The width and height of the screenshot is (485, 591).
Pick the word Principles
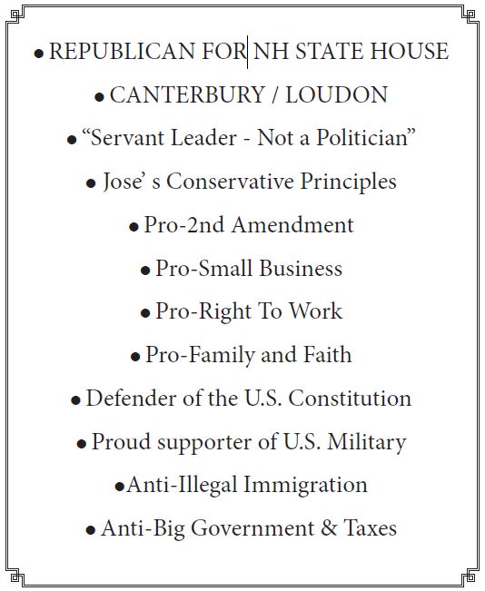point(344,182)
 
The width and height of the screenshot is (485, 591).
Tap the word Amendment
point(292,225)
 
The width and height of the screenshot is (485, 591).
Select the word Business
point(301,269)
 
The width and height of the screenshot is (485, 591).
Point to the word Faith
point(326,355)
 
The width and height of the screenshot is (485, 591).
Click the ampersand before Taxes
point(327,528)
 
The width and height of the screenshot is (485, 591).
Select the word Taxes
point(370,528)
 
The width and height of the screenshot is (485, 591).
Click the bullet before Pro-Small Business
point(145,271)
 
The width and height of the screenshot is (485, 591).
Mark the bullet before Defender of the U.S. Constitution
point(75,400)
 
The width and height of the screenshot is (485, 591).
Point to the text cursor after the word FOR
point(248,52)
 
